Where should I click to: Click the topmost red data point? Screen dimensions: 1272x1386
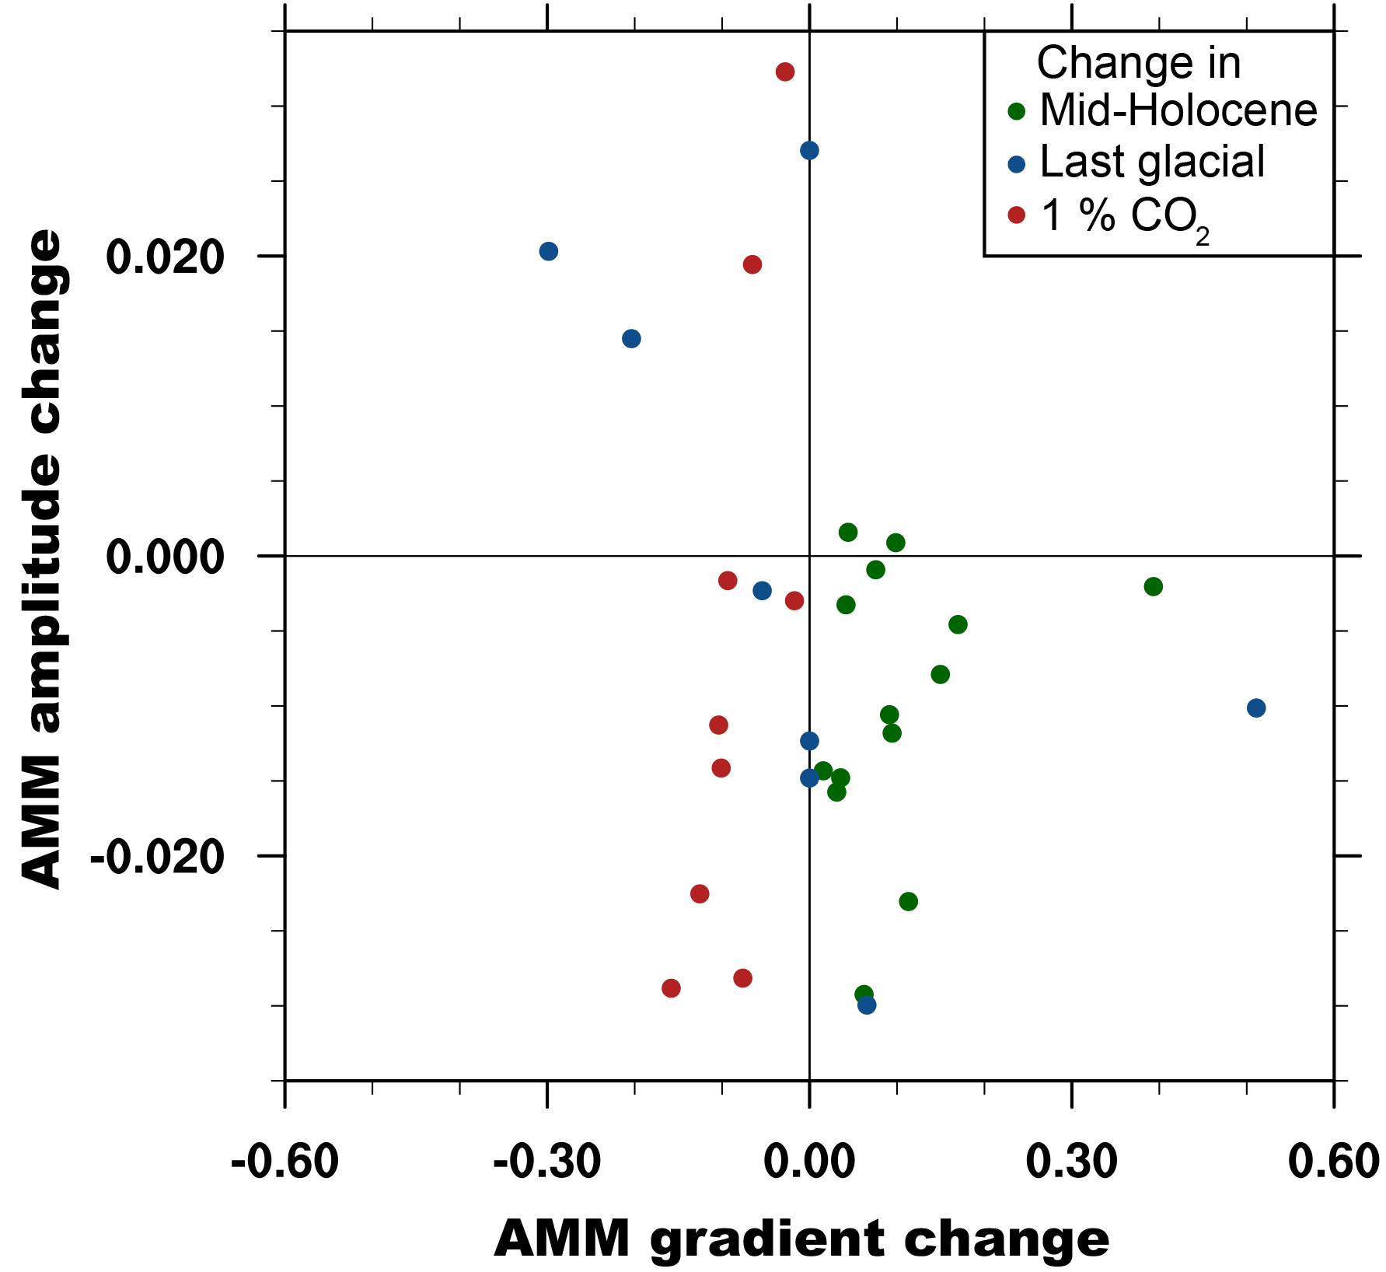pyautogui.click(x=785, y=72)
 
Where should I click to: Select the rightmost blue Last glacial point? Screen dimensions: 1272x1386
pyautogui.click(x=1256, y=708)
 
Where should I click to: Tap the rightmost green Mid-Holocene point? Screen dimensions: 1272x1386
pyautogui.click(x=1154, y=586)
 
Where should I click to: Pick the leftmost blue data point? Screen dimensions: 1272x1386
pyautogui.click(x=549, y=251)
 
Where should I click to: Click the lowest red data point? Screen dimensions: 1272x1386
pyautogui.click(x=671, y=988)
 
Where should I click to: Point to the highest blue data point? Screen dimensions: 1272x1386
pyautogui.click(x=809, y=151)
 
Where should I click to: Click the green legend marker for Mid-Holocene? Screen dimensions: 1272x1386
pyautogui.click(x=1017, y=112)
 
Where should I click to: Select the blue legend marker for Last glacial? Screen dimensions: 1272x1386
pyautogui.click(x=1017, y=164)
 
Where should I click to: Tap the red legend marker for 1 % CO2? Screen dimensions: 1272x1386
pyautogui.click(x=1017, y=215)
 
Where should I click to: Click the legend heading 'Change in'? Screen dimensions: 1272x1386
pyautogui.click(x=1138, y=63)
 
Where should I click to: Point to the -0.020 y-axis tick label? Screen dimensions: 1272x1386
pyautogui.click(x=157, y=857)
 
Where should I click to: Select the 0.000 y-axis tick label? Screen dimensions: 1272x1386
pyautogui.click(x=165, y=557)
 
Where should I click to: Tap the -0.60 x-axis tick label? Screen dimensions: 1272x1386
pyautogui.click(x=285, y=1162)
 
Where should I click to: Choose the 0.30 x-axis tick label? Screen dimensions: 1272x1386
pyautogui.click(x=1071, y=1162)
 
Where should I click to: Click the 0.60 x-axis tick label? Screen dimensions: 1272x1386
pyautogui.click(x=1333, y=1162)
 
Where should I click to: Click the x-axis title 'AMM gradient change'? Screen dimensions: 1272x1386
pyautogui.click(x=801, y=1238)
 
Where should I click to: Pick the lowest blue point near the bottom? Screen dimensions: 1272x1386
pyautogui.click(x=867, y=1005)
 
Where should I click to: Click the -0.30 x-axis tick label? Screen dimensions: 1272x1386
pyautogui.click(x=547, y=1162)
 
